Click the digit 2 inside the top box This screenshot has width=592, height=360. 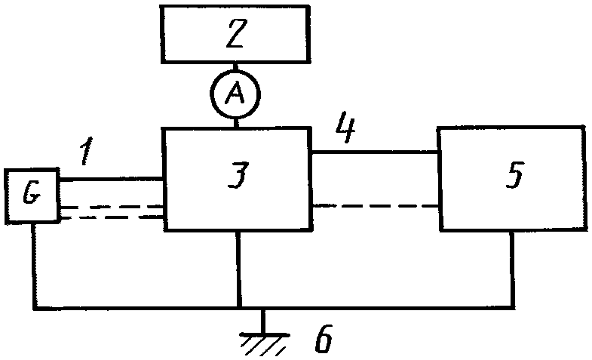(x=236, y=33)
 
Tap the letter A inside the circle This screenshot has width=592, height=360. (x=235, y=94)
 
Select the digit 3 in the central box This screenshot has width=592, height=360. (x=238, y=175)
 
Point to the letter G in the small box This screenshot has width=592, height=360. (x=32, y=195)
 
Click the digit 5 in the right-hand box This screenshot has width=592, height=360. (x=514, y=174)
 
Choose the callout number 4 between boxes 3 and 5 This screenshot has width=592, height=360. (x=345, y=127)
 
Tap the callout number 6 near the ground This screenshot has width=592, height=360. (x=324, y=338)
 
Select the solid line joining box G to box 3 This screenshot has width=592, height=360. (x=111, y=179)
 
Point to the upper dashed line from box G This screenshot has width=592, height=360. (x=111, y=207)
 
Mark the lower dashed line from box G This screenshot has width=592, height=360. (x=111, y=217)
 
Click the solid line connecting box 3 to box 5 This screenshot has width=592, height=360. (x=375, y=152)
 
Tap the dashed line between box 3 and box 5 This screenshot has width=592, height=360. (x=376, y=206)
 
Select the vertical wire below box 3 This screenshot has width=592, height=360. (x=238, y=268)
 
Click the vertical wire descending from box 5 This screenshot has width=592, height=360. (x=512, y=269)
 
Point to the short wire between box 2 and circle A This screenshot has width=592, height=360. (x=235, y=67)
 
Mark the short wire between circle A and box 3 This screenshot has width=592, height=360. (x=236, y=122)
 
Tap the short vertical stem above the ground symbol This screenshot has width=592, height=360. (x=263, y=322)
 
